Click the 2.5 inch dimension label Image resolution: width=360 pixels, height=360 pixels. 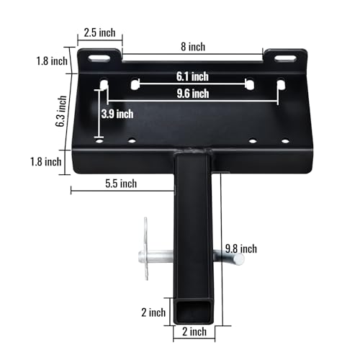point(99,32)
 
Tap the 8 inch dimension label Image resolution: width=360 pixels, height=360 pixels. point(192,46)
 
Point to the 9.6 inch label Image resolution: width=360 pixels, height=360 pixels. point(192,93)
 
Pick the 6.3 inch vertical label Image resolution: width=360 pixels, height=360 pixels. point(64,112)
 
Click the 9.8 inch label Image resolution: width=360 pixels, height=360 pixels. point(240,249)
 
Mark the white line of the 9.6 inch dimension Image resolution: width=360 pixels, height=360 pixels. point(192,101)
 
